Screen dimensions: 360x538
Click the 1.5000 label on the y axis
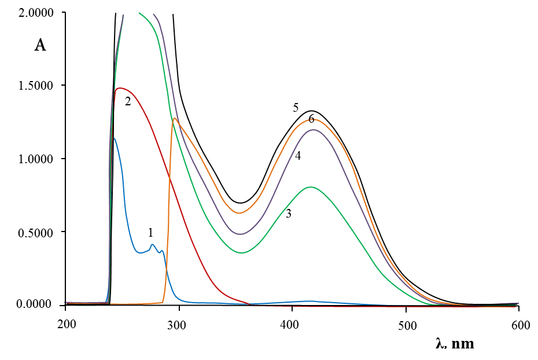click(x=36, y=86)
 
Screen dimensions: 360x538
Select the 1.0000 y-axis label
click(x=36, y=159)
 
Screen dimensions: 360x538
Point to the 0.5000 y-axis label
click(x=36, y=233)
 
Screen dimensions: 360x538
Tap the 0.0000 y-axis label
click(x=35, y=303)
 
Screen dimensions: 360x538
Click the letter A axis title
click(x=40, y=45)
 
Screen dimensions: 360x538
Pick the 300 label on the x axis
click(x=176, y=325)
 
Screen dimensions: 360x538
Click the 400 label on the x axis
click(x=289, y=324)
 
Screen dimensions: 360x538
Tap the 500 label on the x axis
click(x=407, y=325)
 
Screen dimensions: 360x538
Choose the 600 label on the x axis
click(x=521, y=325)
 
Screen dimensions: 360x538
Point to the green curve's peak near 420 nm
click(x=311, y=187)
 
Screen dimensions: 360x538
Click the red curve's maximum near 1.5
click(x=120, y=88)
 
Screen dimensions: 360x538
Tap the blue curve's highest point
click(x=115, y=138)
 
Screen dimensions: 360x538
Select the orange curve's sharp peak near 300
click(x=174, y=119)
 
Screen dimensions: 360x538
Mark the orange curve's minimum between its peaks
click(x=239, y=213)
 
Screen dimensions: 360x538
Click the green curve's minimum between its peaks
click(x=242, y=252)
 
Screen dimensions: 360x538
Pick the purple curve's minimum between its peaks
click(x=241, y=234)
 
